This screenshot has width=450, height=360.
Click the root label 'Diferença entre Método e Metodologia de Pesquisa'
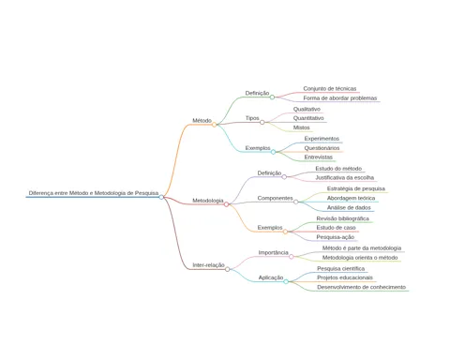click(x=94, y=193)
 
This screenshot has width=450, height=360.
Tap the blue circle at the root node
click(x=161, y=197)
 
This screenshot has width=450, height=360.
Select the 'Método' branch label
click(x=202, y=121)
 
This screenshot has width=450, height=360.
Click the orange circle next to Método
click(x=214, y=125)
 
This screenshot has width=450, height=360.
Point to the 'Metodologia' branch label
click(x=208, y=201)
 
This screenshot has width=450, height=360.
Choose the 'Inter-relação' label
click(x=208, y=265)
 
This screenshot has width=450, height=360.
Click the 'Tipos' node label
click(x=252, y=118)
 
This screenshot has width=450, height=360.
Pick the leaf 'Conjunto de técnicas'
click(x=330, y=89)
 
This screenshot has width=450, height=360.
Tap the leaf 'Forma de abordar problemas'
click(x=340, y=98)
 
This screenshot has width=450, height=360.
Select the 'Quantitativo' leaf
click(x=308, y=118)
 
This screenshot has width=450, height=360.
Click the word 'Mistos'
click(x=301, y=127)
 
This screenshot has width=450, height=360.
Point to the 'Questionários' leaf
click(x=322, y=148)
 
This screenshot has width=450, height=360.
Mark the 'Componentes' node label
click(x=275, y=198)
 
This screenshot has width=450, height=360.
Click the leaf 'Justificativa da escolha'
click(x=344, y=177)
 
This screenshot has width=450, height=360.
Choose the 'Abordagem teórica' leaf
click(x=351, y=198)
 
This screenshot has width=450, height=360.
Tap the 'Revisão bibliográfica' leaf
click(x=342, y=218)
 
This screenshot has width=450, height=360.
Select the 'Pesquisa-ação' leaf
click(x=336, y=237)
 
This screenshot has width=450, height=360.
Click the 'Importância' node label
click(x=273, y=252)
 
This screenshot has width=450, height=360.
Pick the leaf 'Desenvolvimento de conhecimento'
click(x=361, y=287)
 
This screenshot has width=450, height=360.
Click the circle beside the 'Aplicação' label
click(x=286, y=281)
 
